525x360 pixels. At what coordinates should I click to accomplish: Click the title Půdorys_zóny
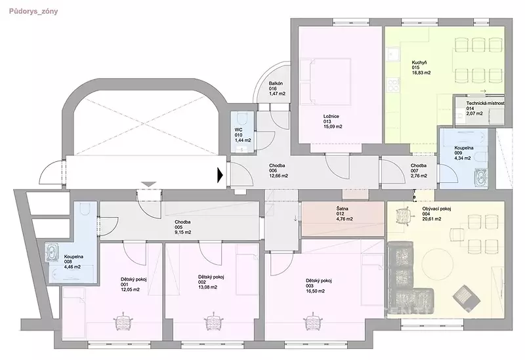33,11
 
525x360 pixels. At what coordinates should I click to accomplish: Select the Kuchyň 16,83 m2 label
421,68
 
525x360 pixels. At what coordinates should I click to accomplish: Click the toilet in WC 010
241,119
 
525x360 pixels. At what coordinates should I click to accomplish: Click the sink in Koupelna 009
480,177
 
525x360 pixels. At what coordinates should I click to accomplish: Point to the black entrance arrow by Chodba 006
220,175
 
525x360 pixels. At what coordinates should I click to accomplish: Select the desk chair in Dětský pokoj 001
124,321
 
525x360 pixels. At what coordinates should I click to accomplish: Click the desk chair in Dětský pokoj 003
313,321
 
